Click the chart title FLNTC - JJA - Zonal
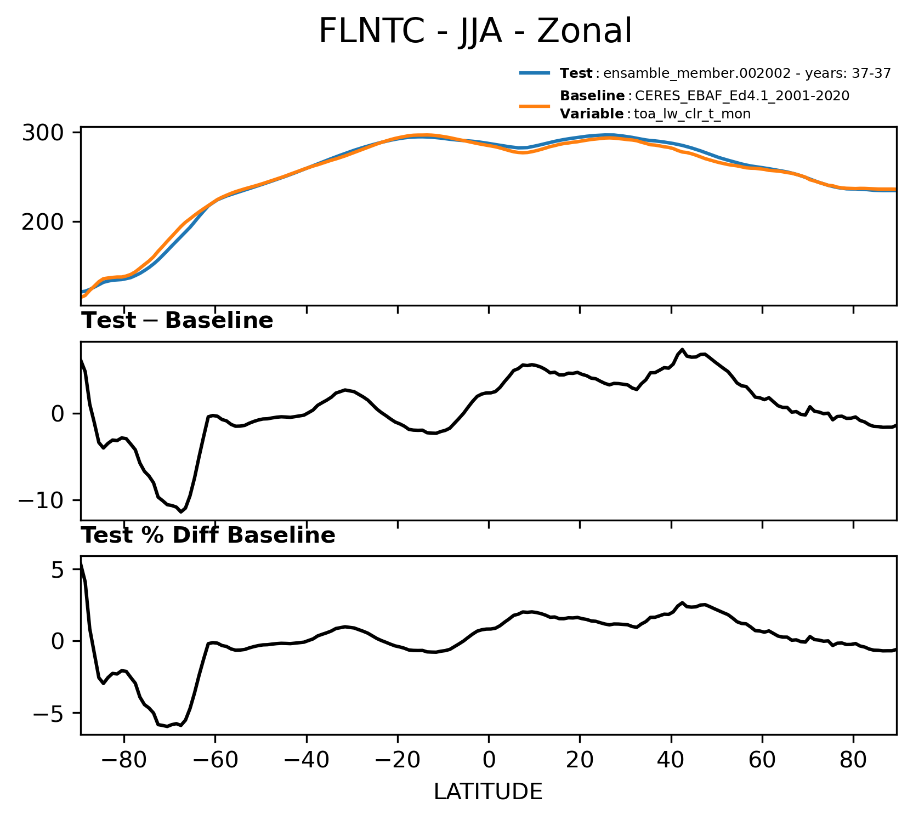(475, 31)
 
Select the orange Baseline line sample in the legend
(535, 105)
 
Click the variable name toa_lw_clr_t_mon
(692, 115)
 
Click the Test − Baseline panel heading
(177, 321)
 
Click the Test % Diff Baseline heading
(208, 536)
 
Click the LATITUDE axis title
(488, 791)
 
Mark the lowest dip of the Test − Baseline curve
(181, 512)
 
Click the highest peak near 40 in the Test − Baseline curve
(682, 349)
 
